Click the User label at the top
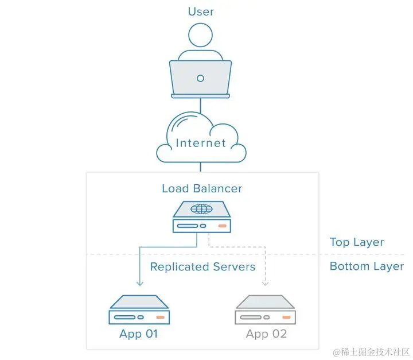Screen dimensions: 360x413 coord(201,11)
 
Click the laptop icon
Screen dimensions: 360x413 coord(200,78)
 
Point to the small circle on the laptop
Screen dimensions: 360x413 coord(200,78)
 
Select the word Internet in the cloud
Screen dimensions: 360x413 coord(201,143)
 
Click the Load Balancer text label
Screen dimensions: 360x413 coord(202,188)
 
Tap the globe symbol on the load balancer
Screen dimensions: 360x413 coord(200,209)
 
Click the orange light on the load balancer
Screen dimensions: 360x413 coord(222,226)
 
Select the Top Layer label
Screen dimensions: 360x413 coord(357,242)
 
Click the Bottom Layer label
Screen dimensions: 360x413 coord(367,266)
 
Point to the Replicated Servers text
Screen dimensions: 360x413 coord(202,267)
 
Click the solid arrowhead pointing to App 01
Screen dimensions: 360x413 coord(139,283)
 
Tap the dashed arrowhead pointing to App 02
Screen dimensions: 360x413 coord(265,283)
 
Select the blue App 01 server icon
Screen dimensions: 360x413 coord(139,310)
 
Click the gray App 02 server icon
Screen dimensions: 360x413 coord(265,310)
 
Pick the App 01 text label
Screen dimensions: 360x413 coord(138,334)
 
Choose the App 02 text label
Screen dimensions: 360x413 coord(266,334)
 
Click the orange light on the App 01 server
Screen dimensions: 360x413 coord(161,317)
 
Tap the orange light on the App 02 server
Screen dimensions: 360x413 coord(287,317)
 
